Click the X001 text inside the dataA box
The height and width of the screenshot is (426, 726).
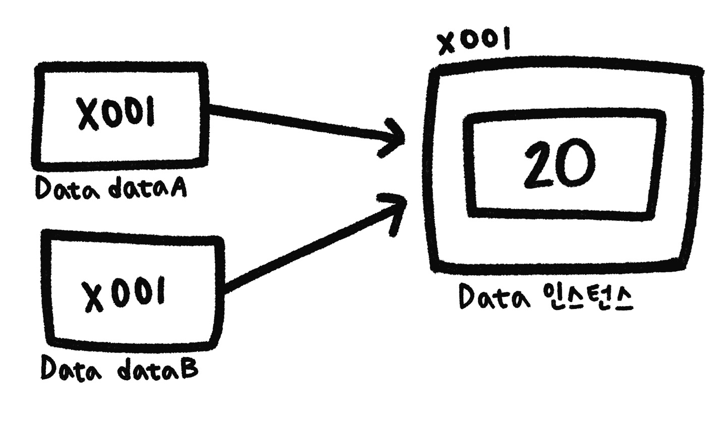coord(115,113)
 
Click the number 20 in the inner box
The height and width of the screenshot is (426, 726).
coord(560,164)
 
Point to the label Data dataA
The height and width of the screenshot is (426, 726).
coord(111,189)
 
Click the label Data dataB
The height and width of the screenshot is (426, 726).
coord(119,369)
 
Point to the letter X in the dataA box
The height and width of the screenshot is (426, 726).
coord(88,113)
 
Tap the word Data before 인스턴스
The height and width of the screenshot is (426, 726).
coord(495,296)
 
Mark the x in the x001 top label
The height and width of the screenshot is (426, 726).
coord(448,45)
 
